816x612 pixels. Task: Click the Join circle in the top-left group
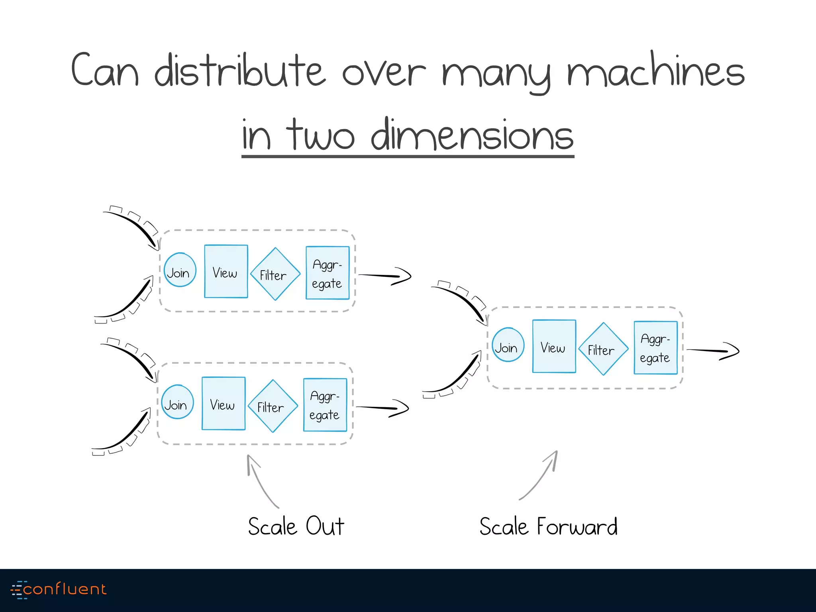pyautogui.click(x=180, y=270)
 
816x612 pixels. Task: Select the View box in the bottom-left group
pyautogui.click(x=224, y=403)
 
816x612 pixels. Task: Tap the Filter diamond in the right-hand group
pyautogui.click(x=603, y=349)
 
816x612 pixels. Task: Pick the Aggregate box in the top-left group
pyautogui.click(x=328, y=273)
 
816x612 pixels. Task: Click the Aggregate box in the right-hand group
pyautogui.click(x=655, y=348)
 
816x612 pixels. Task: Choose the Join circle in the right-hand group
pyautogui.click(x=508, y=345)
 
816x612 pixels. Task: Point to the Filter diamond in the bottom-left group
pyautogui.click(x=273, y=406)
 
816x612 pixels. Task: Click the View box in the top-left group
pyautogui.click(x=226, y=271)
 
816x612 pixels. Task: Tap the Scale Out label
pyautogui.click(x=296, y=526)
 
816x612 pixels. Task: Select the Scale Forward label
pyautogui.click(x=548, y=526)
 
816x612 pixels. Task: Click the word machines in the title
pyautogui.click(x=656, y=71)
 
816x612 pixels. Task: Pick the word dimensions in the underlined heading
pyautogui.click(x=472, y=135)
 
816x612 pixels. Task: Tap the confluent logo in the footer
pyautogui.click(x=59, y=589)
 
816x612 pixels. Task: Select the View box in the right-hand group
pyautogui.click(x=554, y=346)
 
